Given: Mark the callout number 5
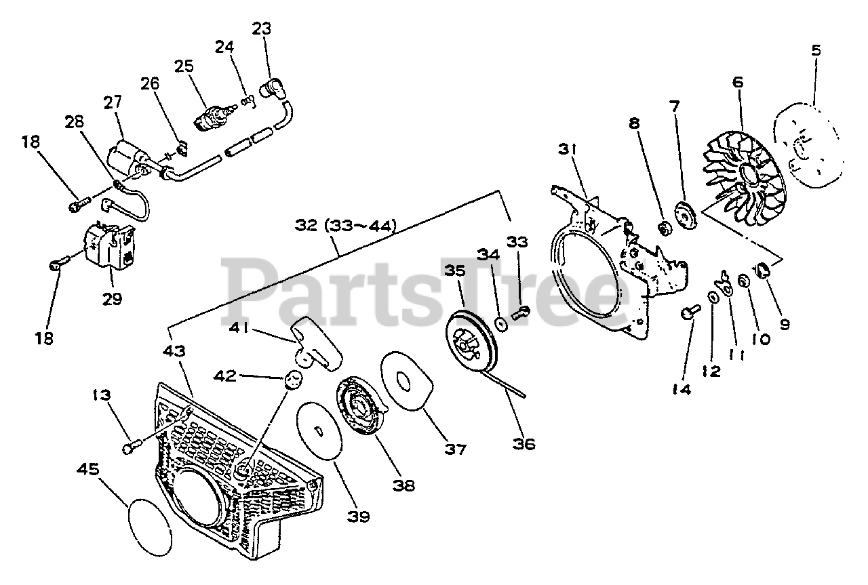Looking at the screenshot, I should [816, 50].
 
